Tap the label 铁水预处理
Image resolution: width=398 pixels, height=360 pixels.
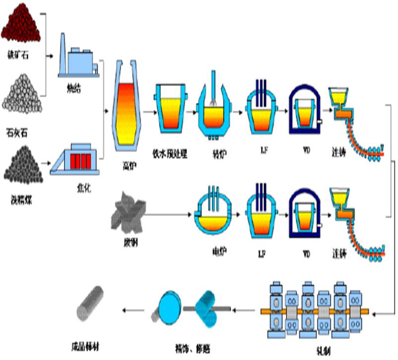(171, 153)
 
